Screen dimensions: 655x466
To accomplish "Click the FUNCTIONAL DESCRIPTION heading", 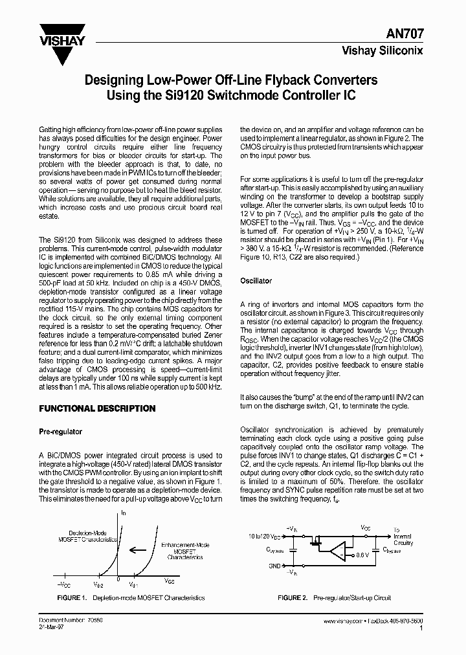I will pos(98,408).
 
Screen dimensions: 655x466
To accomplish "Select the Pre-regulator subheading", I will pos(61,432).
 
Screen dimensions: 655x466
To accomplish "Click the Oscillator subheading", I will pos(256,281).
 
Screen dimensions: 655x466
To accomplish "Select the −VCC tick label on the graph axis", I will pos(61,584).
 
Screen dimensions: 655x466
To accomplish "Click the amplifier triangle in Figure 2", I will pos(336,551).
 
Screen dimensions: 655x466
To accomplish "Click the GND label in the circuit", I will pos(275,566).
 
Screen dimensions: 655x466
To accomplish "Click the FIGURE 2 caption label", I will pos(292,598).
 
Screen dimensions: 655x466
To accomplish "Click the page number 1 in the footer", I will pos(421,628).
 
